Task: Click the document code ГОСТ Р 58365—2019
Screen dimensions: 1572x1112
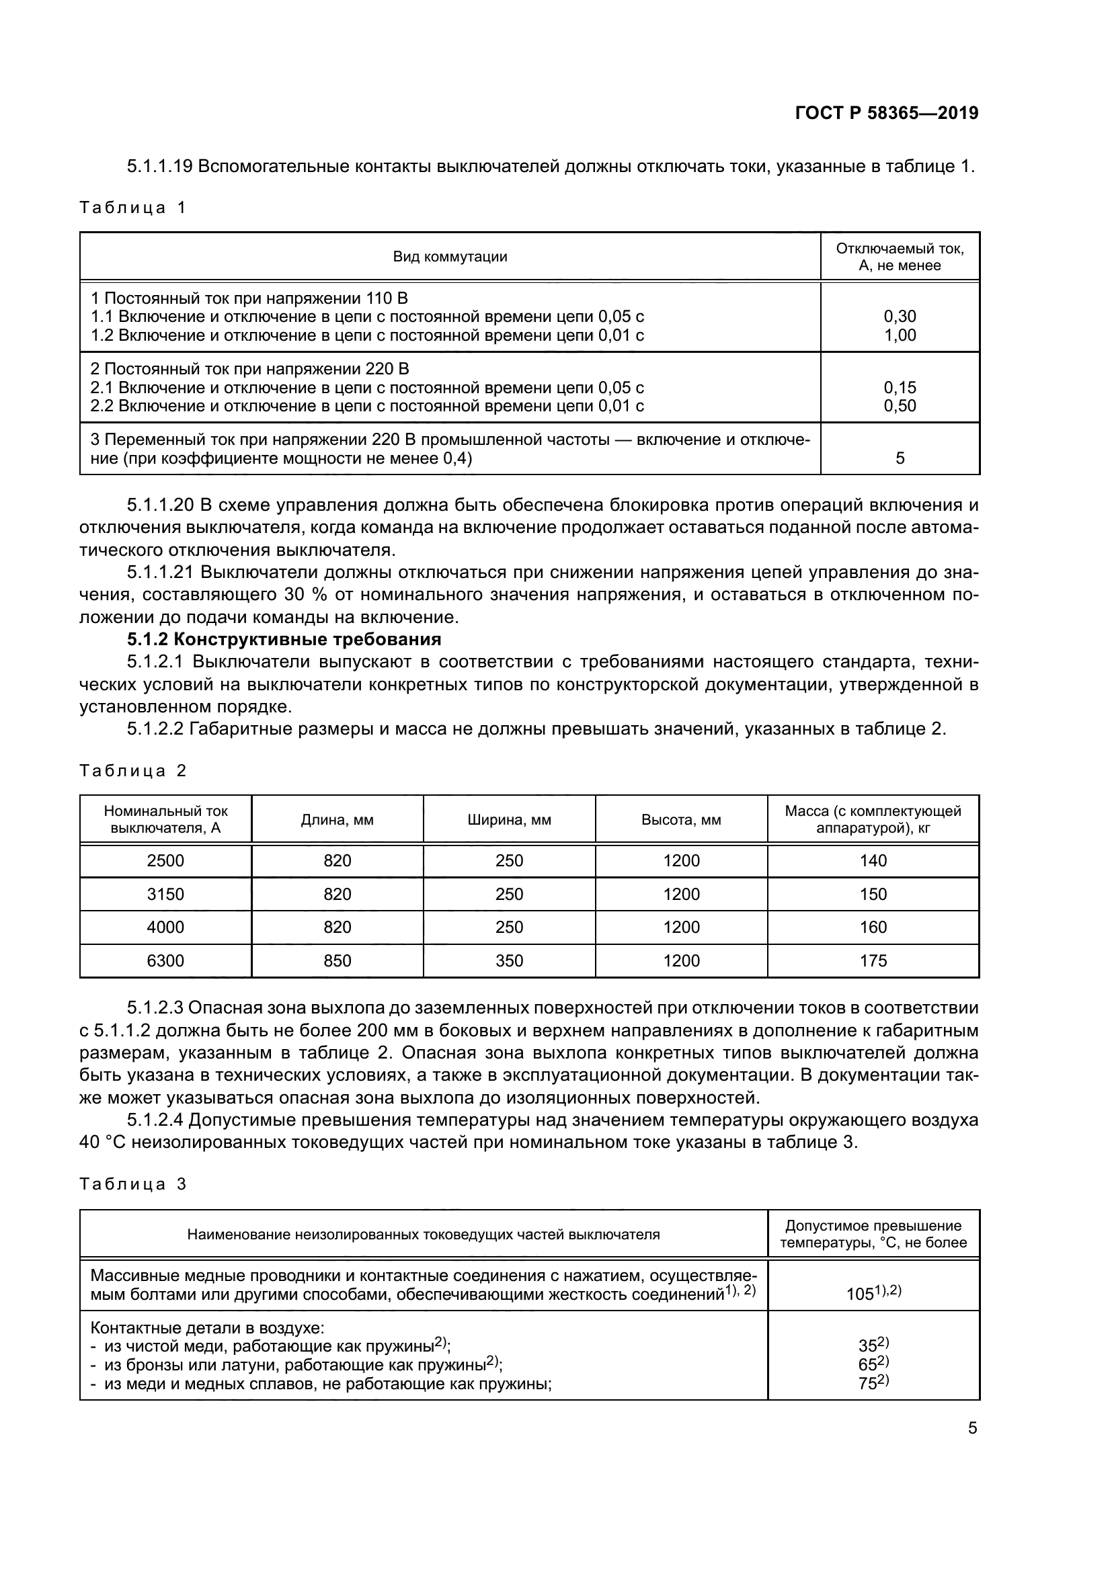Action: click(886, 113)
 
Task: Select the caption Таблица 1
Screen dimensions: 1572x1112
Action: click(133, 208)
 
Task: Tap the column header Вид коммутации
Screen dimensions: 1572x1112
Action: click(450, 257)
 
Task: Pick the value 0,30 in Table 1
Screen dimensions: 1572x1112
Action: click(899, 317)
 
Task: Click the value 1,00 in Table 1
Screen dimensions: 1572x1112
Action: click(899, 335)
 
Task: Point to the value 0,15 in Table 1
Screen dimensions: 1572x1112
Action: click(899, 388)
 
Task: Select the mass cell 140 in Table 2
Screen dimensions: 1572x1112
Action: click(873, 861)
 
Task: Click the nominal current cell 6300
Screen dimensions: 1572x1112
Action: click(165, 960)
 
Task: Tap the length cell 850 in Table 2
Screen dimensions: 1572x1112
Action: click(337, 960)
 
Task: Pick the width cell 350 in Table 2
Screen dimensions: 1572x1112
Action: click(509, 960)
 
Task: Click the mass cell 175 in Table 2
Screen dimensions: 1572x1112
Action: click(873, 960)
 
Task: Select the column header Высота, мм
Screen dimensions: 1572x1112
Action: click(680, 819)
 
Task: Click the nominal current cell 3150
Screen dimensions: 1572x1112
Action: click(165, 894)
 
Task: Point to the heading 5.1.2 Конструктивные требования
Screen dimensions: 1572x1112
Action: click(284, 639)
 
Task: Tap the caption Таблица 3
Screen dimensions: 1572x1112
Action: click(133, 1184)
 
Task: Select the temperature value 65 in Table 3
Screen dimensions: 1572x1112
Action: click(868, 1364)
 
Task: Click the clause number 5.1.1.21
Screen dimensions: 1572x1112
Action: click(161, 573)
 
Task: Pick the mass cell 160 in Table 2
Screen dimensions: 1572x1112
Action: click(873, 927)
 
